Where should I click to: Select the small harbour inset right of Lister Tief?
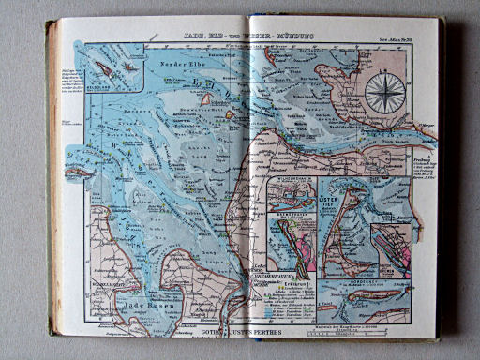391,247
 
